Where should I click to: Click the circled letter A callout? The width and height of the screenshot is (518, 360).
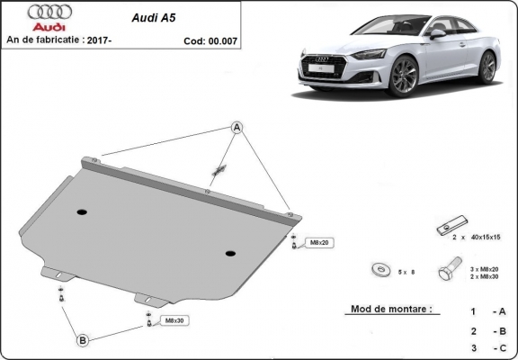click(x=238, y=127)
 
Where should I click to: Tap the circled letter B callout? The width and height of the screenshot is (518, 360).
click(x=82, y=340)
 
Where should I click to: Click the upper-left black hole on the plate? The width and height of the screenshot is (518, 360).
click(x=82, y=212)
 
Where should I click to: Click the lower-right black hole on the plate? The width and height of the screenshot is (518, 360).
click(x=231, y=253)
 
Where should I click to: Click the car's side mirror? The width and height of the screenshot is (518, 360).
click(x=437, y=33)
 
